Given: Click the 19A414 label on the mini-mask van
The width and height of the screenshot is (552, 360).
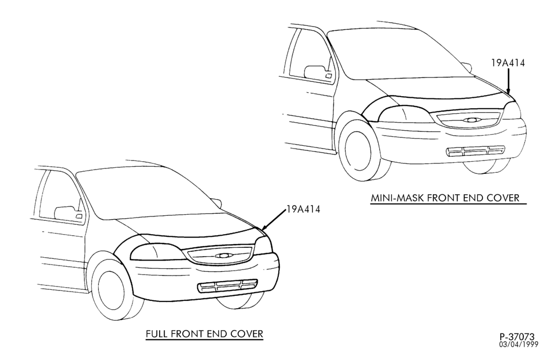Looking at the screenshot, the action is [x=508, y=63].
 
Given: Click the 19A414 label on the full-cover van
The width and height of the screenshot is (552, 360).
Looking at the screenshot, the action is [x=304, y=209].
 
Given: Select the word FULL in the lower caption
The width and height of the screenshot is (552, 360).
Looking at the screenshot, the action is [x=156, y=333].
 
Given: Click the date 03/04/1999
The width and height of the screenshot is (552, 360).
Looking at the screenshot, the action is [x=518, y=344].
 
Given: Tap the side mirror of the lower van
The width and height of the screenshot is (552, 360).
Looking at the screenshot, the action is [x=68, y=214].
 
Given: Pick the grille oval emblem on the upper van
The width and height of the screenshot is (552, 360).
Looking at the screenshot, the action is [x=471, y=120].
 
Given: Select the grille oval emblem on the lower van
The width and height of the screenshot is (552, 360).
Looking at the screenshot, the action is [x=222, y=256].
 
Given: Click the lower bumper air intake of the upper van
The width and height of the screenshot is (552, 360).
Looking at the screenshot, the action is [x=475, y=151].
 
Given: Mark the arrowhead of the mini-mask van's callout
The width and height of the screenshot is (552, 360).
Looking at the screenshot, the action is [x=508, y=92].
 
